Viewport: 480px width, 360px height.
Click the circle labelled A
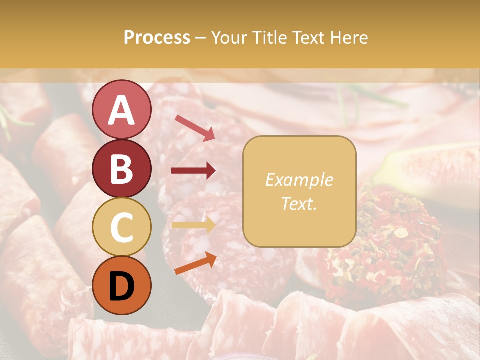(x=121, y=109)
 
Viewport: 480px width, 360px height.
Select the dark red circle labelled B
(x=121, y=168)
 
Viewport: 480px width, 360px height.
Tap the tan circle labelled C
(x=121, y=227)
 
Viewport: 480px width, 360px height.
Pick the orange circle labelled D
(x=121, y=286)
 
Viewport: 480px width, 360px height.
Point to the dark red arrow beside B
(x=193, y=171)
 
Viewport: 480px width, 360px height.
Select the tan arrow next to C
(x=193, y=225)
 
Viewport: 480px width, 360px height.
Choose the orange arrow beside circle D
(x=195, y=263)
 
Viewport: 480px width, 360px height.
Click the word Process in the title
(x=157, y=37)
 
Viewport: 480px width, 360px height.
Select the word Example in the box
(x=299, y=180)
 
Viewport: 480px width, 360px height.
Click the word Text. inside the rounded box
(x=299, y=203)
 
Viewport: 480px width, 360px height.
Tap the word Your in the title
(x=228, y=37)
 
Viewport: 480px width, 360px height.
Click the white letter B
(x=121, y=169)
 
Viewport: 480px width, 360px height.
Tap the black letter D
(x=121, y=286)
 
